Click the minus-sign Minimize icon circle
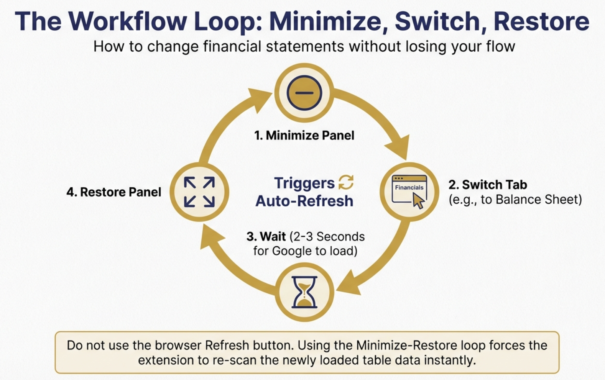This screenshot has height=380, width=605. click(304, 93)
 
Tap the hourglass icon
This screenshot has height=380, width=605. click(304, 292)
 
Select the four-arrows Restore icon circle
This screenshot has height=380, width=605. click(199, 192)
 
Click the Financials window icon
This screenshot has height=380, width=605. click(409, 190)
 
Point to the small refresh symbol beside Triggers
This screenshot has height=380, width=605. click(346, 182)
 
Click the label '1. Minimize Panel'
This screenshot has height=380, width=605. click(304, 135)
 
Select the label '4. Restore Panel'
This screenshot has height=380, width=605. click(114, 192)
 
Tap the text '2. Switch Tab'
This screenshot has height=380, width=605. click(488, 185)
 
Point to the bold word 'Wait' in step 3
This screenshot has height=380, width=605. click(273, 236)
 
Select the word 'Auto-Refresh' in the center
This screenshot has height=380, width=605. click(304, 201)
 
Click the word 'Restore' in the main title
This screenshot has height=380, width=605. click(541, 21)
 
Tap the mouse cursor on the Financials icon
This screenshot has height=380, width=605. click(418, 200)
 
